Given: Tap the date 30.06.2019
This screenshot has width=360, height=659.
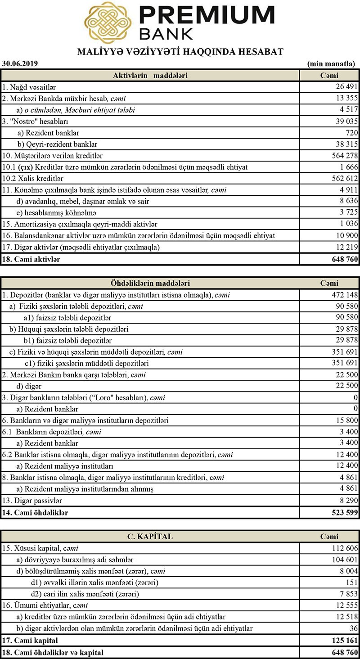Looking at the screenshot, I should (20, 63).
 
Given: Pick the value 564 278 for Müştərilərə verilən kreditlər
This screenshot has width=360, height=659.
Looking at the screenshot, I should (344, 156).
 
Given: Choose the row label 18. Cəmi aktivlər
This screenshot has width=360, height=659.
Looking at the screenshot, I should (31, 259).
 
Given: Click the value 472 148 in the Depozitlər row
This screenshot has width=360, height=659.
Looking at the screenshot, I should (344, 295).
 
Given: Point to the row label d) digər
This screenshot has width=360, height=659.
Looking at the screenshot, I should (29, 386).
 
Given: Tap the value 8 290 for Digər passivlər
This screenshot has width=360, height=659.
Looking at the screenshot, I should (348, 500).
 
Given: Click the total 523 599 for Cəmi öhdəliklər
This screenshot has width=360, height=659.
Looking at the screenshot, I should (344, 512).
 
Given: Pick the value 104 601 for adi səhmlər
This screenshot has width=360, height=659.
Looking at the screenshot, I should (344, 560).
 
